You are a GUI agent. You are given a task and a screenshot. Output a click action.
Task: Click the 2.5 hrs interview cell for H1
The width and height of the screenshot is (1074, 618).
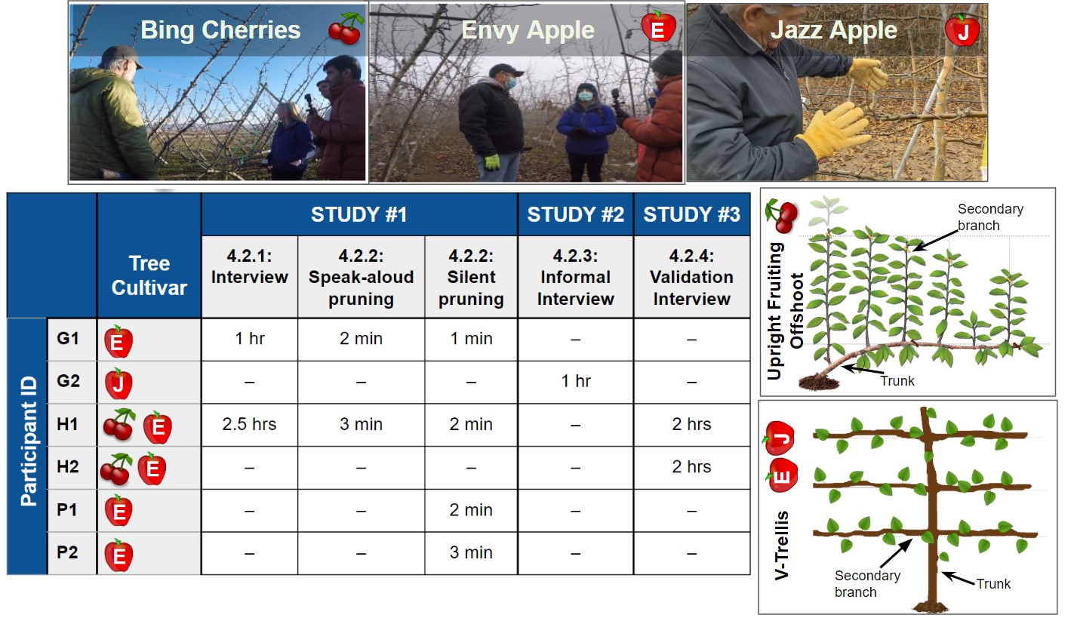pos(249,424)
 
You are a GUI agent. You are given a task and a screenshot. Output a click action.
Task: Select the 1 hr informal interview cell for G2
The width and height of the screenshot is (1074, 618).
pos(575,381)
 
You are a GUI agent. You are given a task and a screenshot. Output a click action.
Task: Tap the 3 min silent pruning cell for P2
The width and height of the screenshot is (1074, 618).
pos(471,553)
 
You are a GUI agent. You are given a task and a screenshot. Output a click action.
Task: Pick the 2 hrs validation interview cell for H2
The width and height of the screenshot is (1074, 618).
pos(691,467)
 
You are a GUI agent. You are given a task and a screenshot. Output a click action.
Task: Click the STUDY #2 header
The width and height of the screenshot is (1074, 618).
pos(575,214)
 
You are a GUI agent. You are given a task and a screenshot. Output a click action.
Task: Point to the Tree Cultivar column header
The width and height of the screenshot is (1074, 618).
pos(149,275)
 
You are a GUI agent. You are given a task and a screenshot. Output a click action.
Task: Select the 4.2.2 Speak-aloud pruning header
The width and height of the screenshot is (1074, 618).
pos(361,277)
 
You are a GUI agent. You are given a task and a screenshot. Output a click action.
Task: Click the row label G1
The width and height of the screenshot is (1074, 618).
pos(68,339)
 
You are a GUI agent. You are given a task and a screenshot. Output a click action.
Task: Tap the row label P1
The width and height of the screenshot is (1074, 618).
pos(67,509)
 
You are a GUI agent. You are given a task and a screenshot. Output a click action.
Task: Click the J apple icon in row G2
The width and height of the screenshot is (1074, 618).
pos(118,383)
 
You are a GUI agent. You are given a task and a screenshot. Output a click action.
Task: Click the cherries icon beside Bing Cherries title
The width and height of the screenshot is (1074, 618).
pos(346,29)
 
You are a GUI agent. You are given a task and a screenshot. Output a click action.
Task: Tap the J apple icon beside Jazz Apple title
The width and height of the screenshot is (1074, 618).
pos(962,30)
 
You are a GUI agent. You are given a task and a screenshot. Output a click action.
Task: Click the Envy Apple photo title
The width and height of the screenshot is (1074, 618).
pos(528,30)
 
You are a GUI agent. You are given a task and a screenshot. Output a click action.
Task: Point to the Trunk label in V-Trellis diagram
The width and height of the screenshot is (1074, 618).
pos(993,584)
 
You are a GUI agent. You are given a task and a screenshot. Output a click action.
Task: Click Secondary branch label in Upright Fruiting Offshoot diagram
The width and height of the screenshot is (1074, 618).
pos(990,217)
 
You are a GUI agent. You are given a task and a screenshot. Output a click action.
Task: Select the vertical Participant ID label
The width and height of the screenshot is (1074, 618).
pos(29,441)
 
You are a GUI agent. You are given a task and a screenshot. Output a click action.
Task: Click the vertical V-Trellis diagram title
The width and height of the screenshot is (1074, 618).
pos(781,546)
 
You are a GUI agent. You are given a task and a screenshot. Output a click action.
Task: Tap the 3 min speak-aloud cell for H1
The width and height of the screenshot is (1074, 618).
pos(361,424)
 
